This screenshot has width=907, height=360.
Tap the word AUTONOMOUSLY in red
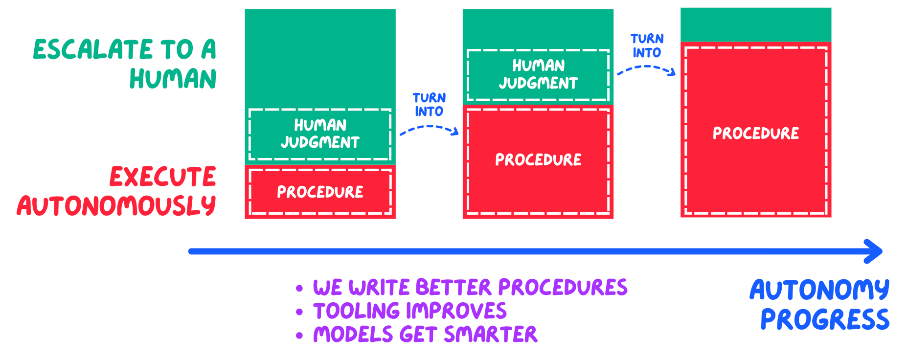(x=116, y=206)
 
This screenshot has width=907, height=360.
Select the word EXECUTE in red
(x=162, y=177)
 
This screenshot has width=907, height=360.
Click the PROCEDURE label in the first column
(x=320, y=192)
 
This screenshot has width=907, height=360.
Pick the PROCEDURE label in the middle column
(x=538, y=160)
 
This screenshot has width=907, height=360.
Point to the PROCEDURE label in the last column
(x=756, y=134)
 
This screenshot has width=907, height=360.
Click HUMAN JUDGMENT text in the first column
(x=320, y=134)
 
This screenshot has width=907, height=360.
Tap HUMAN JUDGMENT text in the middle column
(x=538, y=74)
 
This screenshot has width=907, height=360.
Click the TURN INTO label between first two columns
(x=429, y=105)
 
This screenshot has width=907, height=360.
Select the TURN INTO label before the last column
(x=647, y=46)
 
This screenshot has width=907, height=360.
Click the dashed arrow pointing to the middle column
(x=429, y=129)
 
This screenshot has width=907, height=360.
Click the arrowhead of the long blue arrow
(x=874, y=251)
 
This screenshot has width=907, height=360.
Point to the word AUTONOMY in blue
(x=819, y=290)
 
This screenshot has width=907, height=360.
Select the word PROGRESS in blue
(x=825, y=320)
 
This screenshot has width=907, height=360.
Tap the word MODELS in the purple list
(x=353, y=335)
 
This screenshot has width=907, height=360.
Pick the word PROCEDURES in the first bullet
(x=563, y=288)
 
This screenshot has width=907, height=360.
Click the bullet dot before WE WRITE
(x=299, y=289)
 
